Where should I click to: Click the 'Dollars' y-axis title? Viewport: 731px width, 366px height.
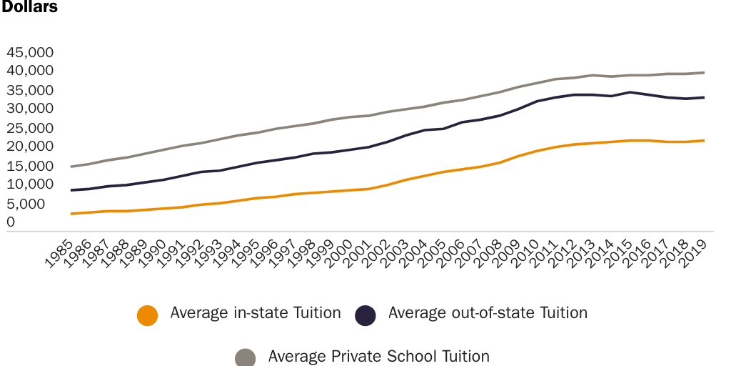pyautogui.click(x=29, y=7)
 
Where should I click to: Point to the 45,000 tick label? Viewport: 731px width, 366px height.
pyautogui.click(x=30, y=53)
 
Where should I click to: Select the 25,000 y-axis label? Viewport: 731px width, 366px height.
pyautogui.click(x=30, y=129)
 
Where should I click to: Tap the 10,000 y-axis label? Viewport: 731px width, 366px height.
pyautogui.click(x=30, y=184)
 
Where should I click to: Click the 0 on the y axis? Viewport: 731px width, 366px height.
pyautogui.click(x=11, y=223)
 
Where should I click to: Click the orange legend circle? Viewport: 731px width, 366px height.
pyautogui.click(x=147, y=315)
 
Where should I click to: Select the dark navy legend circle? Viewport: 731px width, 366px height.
pyautogui.click(x=365, y=315)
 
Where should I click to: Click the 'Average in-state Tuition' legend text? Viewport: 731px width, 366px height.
pyautogui.click(x=255, y=313)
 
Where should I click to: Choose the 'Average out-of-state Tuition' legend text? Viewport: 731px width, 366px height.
pyautogui.click(x=488, y=313)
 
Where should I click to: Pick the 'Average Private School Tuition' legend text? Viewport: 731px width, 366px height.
pyautogui.click(x=378, y=356)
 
